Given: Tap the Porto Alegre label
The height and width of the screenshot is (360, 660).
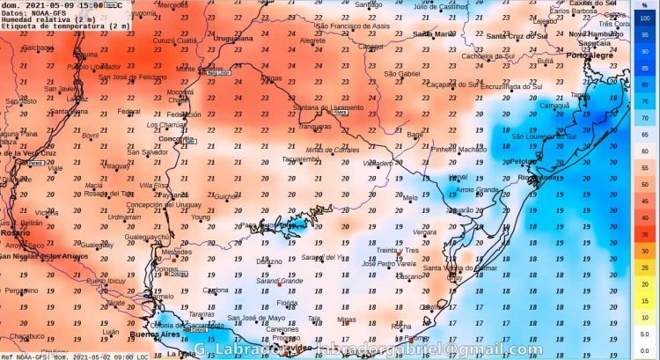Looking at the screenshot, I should click(x=588, y=55).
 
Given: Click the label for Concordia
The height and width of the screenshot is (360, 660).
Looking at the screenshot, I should click(x=176, y=139).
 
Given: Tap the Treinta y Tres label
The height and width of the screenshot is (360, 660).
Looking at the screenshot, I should click(x=398, y=250).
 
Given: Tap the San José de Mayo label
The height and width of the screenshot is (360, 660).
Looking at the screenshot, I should click(x=256, y=318).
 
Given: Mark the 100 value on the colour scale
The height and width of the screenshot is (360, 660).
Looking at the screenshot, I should click(x=644, y=20).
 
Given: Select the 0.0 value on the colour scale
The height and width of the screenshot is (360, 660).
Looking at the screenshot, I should click(x=644, y=349).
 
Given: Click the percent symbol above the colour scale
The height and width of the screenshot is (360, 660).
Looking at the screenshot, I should click(x=643, y=6).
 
